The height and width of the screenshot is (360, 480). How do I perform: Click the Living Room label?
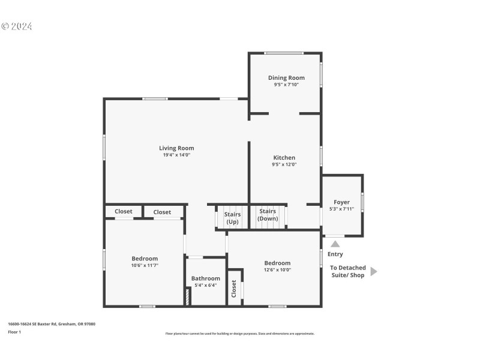(x=176, y=148)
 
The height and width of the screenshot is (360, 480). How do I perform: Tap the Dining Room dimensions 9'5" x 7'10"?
(x=286, y=85)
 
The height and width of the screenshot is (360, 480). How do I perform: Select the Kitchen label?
(x=284, y=158)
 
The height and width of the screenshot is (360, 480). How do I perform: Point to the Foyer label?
(x=341, y=202)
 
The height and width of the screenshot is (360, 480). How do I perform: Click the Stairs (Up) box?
(x=232, y=218)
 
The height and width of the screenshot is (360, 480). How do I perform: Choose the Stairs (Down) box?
(x=268, y=215)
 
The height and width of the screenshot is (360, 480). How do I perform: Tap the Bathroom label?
(x=206, y=278)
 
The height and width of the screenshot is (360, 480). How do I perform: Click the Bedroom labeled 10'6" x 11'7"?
(x=145, y=259)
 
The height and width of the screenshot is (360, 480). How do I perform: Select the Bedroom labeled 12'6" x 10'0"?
(x=277, y=263)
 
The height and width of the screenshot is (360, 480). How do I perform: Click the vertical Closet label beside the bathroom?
(x=234, y=289)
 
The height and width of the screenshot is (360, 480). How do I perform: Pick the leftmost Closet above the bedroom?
(x=124, y=211)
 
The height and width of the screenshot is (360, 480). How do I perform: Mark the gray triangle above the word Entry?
(x=335, y=244)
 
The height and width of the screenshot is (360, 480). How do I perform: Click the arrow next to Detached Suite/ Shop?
(x=374, y=271)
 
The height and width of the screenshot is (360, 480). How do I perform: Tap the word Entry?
(x=335, y=254)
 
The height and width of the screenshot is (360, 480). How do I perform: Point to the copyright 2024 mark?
(x=16, y=26)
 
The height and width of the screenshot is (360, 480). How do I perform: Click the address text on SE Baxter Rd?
(x=51, y=324)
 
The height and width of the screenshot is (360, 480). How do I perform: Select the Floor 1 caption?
(x=14, y=332)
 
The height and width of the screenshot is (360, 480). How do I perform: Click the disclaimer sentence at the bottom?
(x=240, y=334)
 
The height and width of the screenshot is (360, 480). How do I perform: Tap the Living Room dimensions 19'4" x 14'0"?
(x=176, y=155)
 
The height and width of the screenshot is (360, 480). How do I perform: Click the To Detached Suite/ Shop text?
(x=347, y=271)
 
